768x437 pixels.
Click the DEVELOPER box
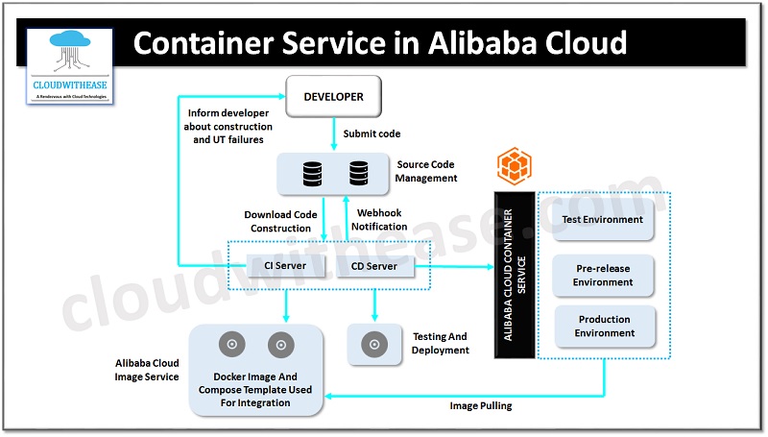coord(332,97)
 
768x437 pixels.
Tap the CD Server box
coord(375,265)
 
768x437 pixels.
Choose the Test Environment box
coord(602,220)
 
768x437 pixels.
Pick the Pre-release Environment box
coord(602,276)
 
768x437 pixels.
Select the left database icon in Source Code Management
coord(312,175)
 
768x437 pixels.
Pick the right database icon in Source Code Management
coord(358,175)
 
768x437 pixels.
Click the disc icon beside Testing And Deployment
coord(375,344)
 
